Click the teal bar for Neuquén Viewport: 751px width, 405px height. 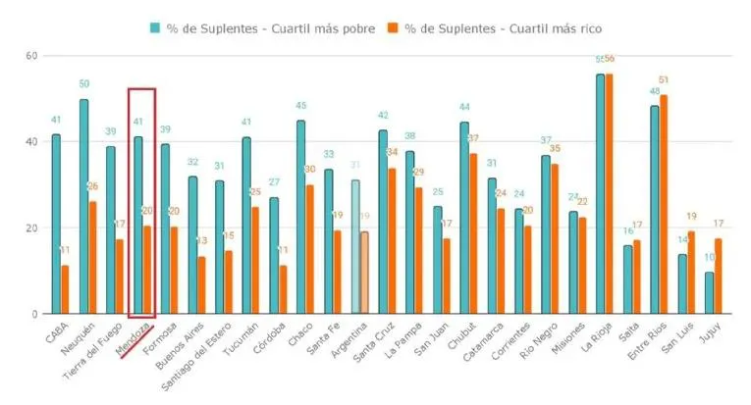coord(83,207)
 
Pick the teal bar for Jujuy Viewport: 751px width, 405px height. coord(709,293)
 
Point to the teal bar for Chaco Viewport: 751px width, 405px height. coord(301,217)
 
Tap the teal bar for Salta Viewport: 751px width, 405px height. coord(627,279)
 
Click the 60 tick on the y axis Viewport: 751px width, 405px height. coord(30,56)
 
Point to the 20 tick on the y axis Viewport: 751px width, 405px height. coord(30,228)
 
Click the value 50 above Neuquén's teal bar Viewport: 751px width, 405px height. coord(83,84)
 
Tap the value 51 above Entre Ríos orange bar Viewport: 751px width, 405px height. coord(665,80)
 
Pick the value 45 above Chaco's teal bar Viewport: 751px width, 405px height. coord(301,106)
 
